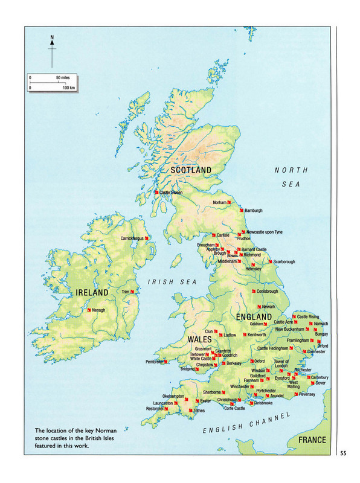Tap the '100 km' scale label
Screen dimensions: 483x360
(68, 88)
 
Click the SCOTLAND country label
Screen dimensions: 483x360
(191, 170)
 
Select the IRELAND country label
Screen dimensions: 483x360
(92, 293)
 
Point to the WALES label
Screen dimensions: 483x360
(199, 339)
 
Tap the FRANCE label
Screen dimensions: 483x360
(312, 440)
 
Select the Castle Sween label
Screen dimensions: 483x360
(170, 193)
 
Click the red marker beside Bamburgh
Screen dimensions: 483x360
(241, 211)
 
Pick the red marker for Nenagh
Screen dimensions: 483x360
(89, 310)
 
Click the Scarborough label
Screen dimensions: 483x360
(281, 261)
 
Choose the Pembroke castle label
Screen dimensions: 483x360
(154, 362)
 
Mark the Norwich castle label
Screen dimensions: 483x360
(321, 324)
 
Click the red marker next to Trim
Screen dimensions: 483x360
(132, 292)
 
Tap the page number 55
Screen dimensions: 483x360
(343, 453)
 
